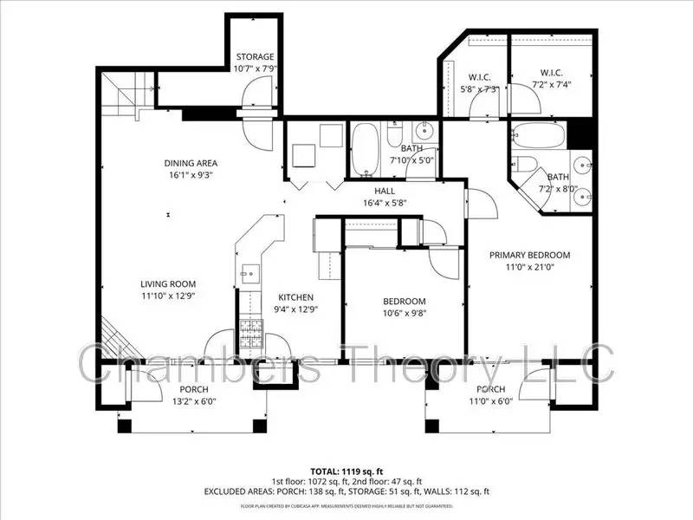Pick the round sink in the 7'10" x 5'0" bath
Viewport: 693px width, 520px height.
424,133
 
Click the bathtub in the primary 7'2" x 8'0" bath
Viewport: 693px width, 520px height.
538,136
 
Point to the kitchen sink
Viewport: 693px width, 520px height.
249,273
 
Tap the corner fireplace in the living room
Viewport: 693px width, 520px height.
109,337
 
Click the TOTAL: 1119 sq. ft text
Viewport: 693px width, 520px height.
346,470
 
